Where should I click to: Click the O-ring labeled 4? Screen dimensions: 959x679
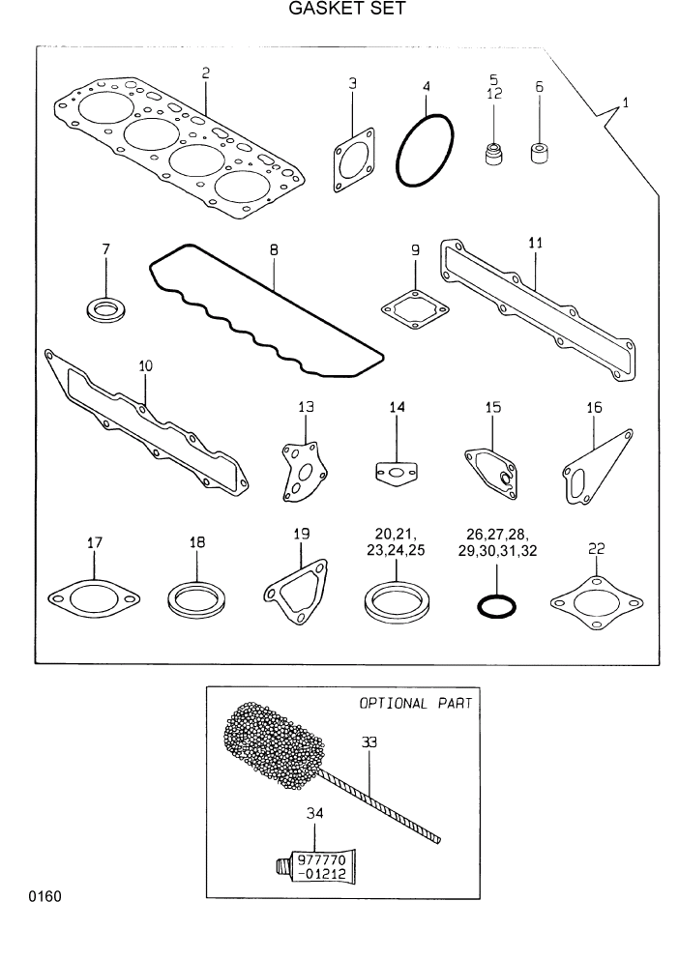point(425,150)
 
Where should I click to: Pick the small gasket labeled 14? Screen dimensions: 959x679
point(396,473)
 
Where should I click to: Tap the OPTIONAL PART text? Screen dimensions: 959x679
point(416,704)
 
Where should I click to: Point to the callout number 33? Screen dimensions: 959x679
point(369,742)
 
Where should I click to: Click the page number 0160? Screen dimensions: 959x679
point(44,897)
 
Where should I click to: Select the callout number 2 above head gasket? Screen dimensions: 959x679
point(205,73)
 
